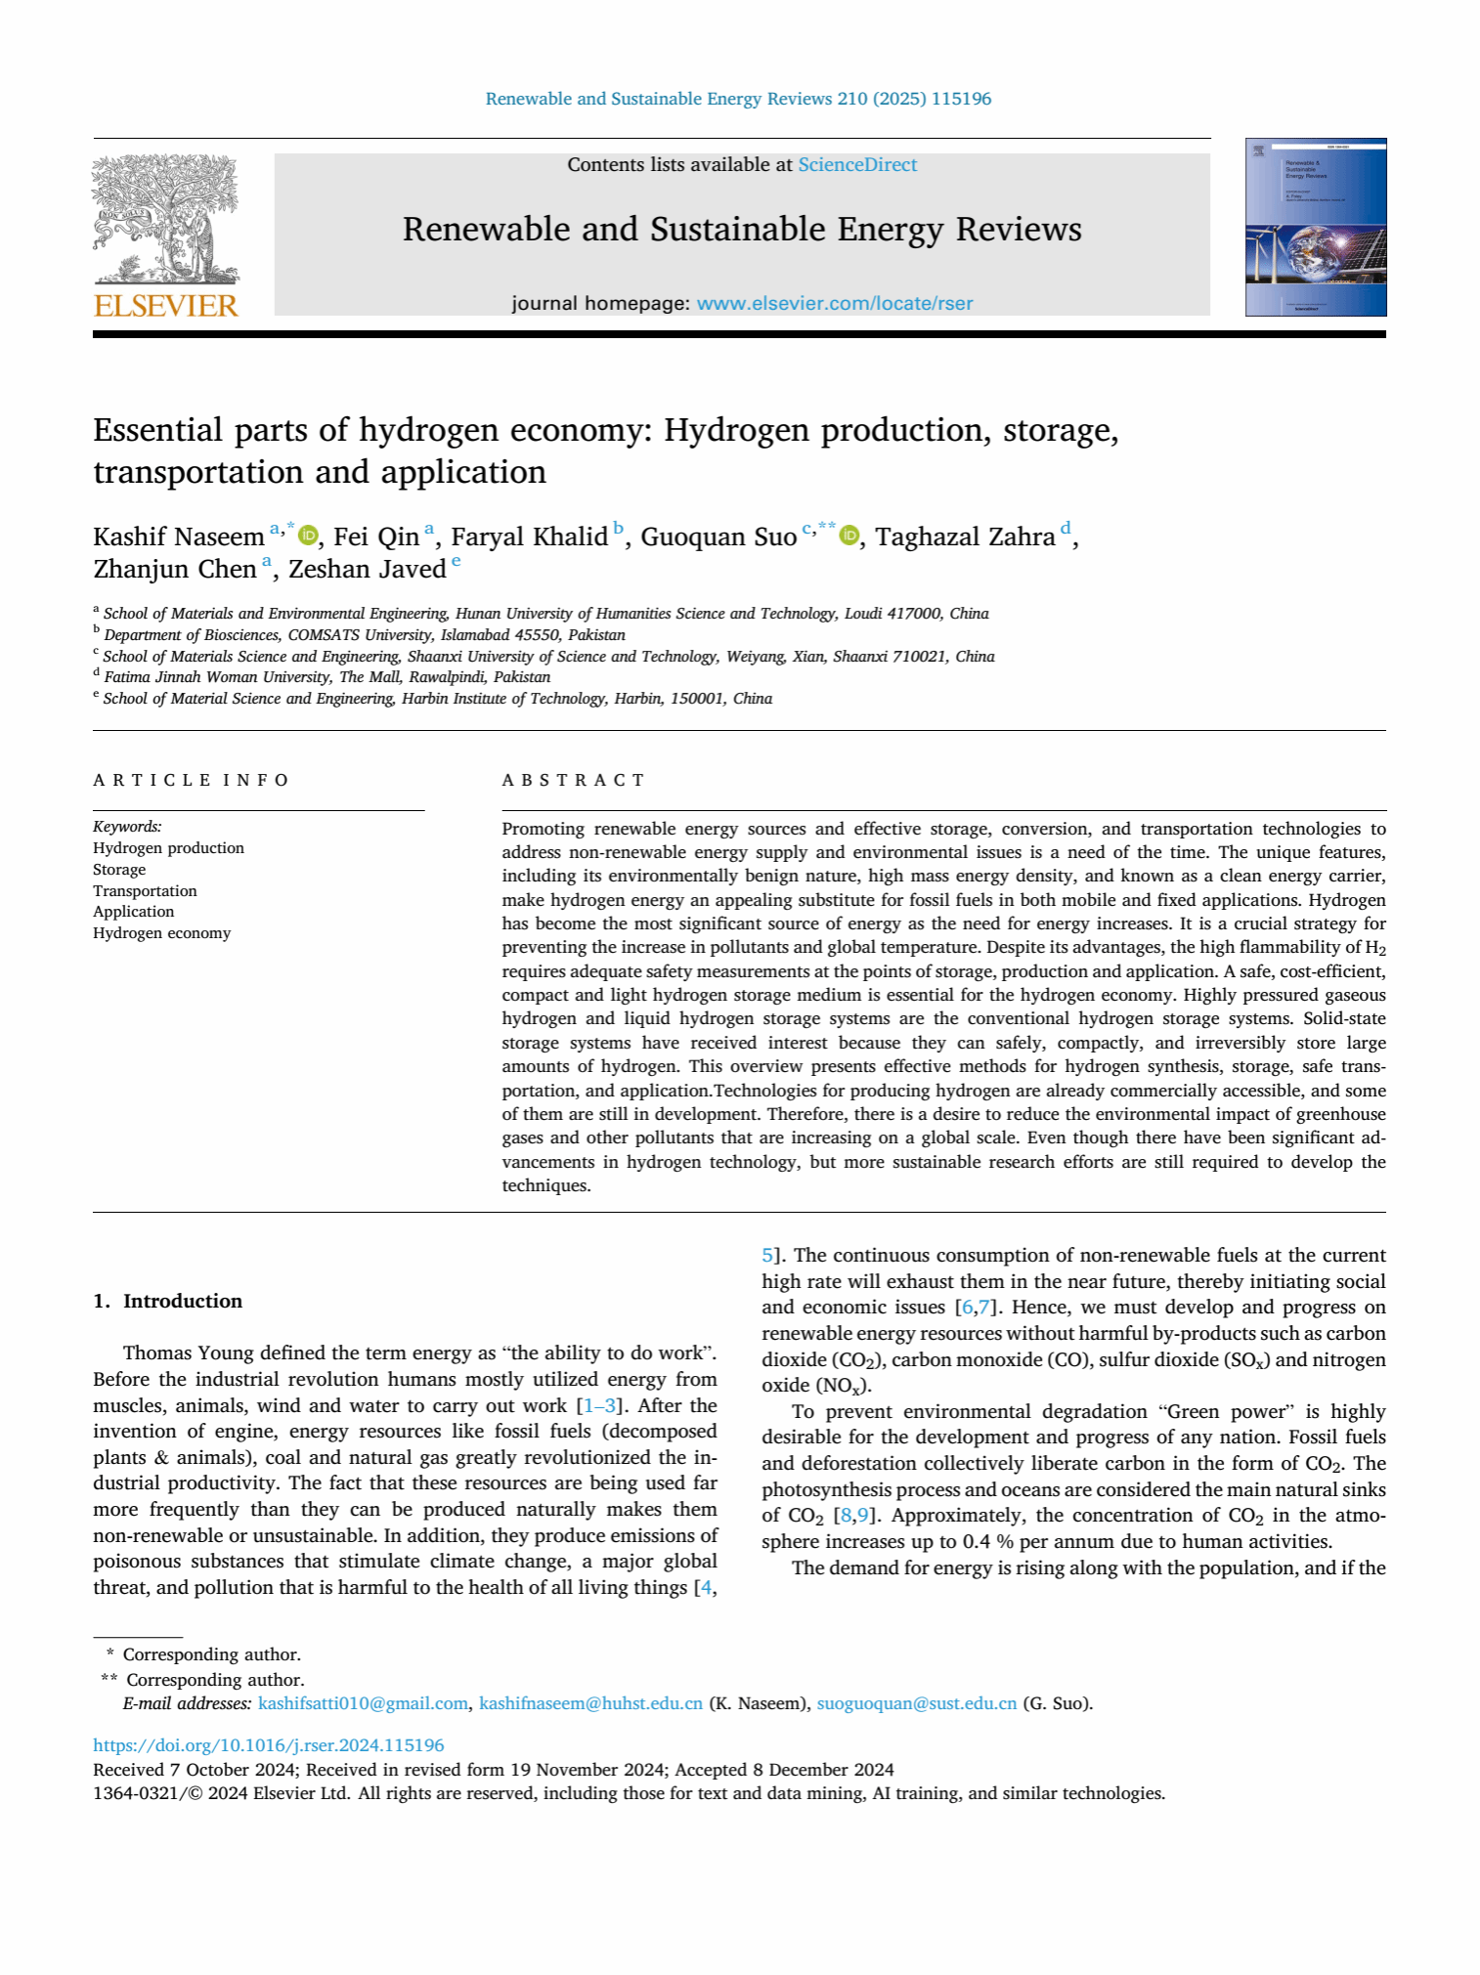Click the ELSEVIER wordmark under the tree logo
(x=165, y=306)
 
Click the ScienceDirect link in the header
(x=857, y=165)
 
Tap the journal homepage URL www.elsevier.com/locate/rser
(x=834, y=304)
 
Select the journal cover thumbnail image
(x=1315, y=228)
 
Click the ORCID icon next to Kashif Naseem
(x=309, y=536)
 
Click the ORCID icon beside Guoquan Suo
(x=849, y=536)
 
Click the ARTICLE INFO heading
(x=191, y=780)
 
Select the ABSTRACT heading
(x=573, y=780)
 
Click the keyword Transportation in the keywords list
(x=145, y=891)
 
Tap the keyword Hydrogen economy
(x=161, y=933)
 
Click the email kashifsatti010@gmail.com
(x=363, y=1703)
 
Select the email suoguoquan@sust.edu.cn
(x=916, y=1703)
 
